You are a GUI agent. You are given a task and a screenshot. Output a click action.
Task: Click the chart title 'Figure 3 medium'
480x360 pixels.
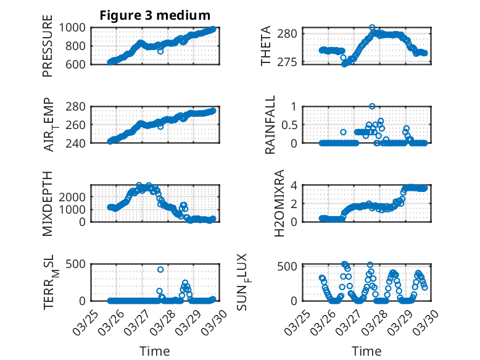[x=155, y=15]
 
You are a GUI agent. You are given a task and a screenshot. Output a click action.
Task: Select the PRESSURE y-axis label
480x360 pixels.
[x=48, y=50]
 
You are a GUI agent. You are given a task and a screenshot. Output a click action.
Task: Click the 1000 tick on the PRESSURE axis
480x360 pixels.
[x=76, y=28]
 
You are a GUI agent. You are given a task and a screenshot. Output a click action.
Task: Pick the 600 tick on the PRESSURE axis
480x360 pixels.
[x=79, y=64]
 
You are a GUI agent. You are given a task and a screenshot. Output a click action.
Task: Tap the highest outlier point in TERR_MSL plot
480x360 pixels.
[x=160, y=269]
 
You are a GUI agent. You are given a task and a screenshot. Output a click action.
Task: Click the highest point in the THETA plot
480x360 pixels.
[x=372, y=28]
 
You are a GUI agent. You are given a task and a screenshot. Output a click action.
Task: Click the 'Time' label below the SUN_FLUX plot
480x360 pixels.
[x=366, y=351]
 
